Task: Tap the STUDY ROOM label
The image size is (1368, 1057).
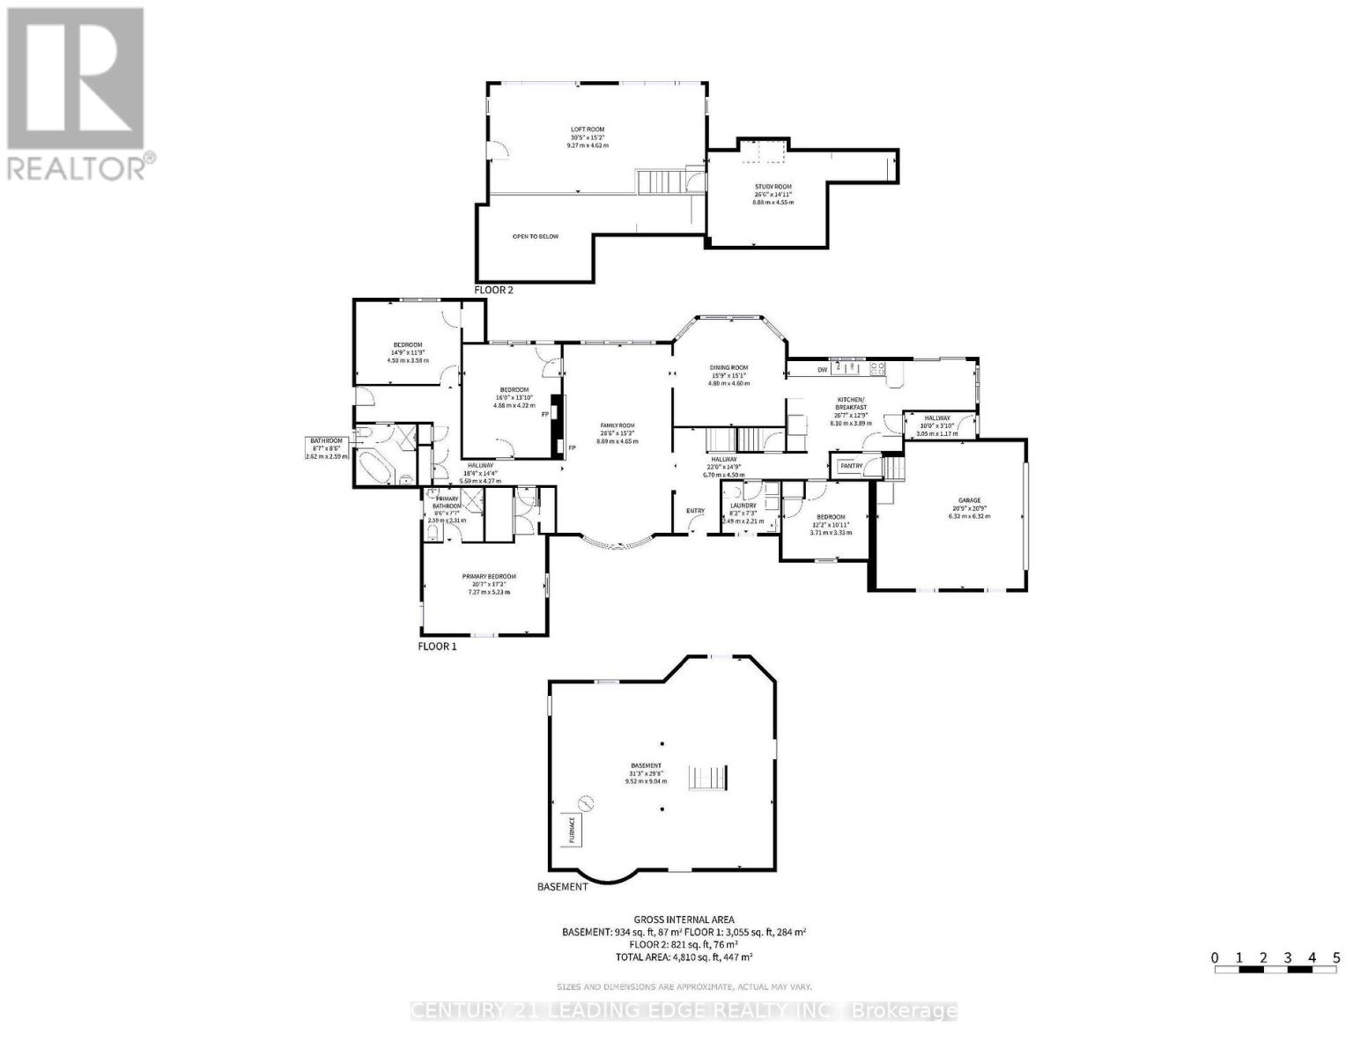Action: (773, 187)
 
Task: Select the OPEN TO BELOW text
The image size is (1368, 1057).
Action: (536, 236)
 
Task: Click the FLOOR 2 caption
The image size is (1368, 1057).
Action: (493, 290)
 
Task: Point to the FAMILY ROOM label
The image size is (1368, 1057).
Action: (617, 425)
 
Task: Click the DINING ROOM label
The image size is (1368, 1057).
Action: (728, 368)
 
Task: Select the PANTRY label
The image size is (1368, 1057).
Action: (850, 466)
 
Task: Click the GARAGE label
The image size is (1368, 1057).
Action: (969, 500)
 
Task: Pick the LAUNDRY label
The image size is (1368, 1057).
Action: (743, 506)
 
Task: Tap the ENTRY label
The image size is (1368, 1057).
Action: (696, 511)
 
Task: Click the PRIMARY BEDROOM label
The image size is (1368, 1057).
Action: (489, 577)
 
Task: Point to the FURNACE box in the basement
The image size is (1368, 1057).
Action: (572, 830)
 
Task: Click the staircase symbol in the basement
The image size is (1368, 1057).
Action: (708, 779)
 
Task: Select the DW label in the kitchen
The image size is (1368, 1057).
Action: (822, 370)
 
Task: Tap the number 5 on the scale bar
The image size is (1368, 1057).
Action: (1336, 957)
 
